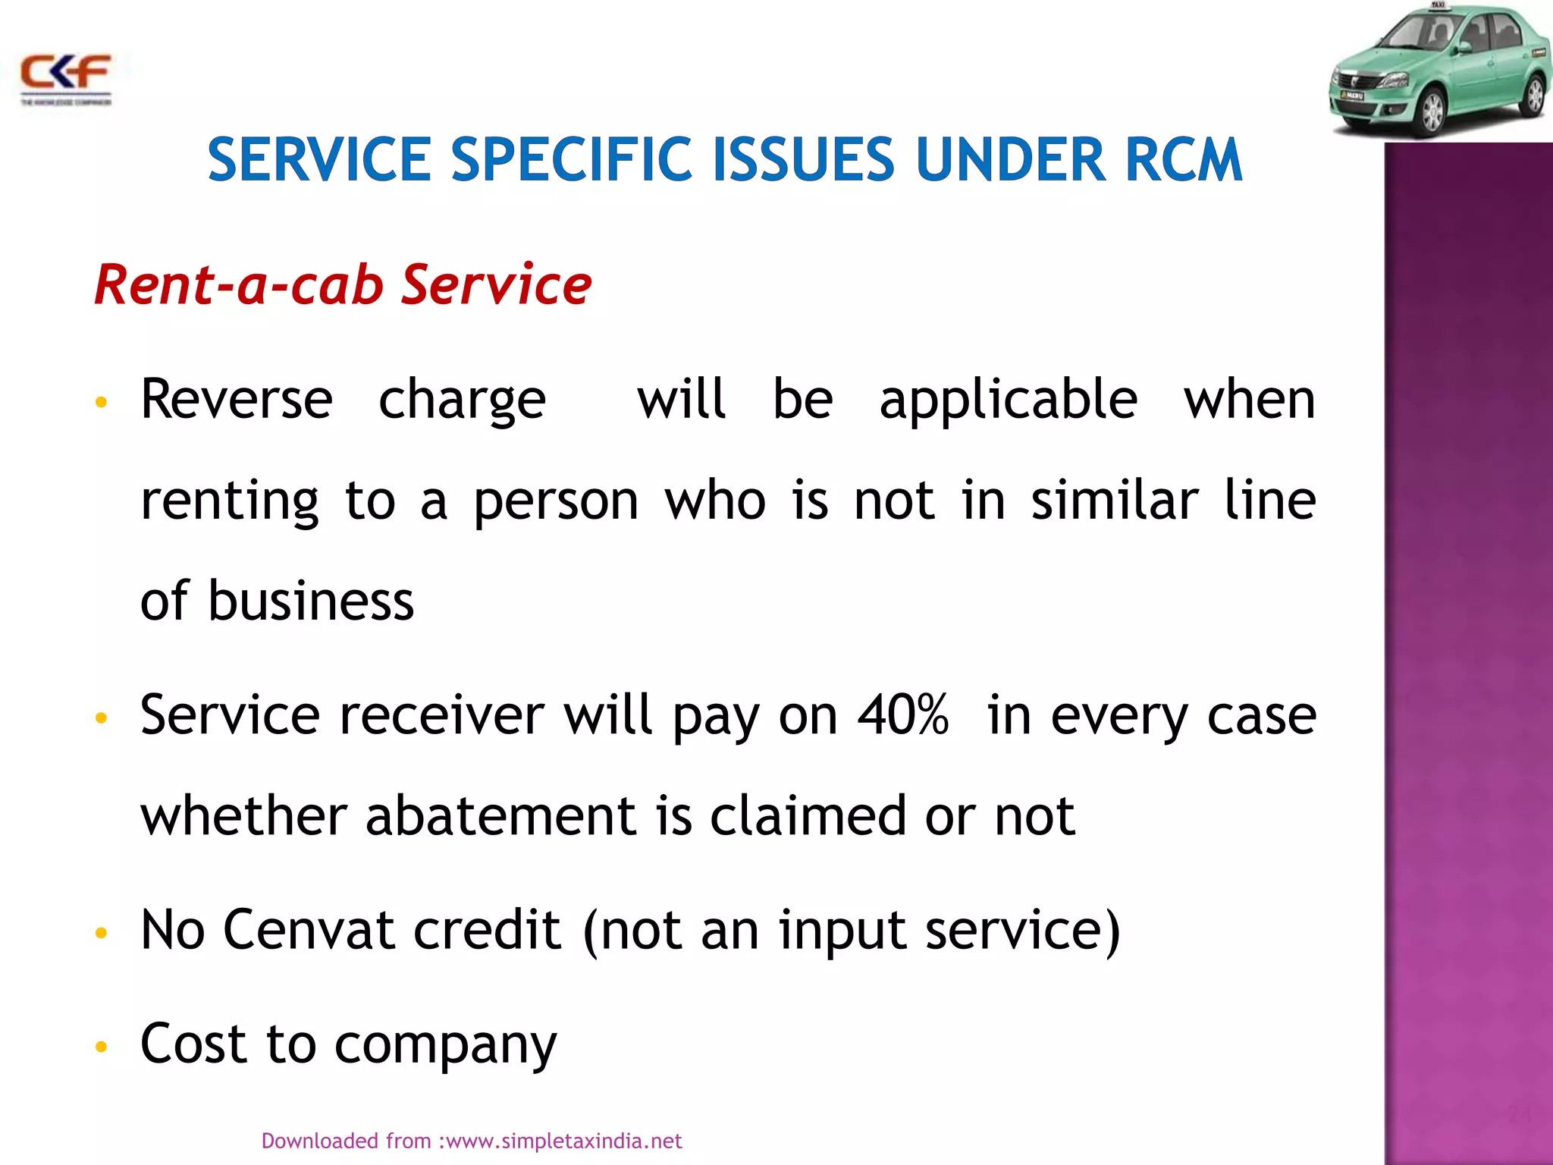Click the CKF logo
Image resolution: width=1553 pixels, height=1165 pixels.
coord(66,77)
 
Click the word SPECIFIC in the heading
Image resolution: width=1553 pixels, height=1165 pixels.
coord(572,160)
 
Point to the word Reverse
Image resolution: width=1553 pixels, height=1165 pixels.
coord(237,399)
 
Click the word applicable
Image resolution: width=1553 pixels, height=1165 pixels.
coord(1009,400)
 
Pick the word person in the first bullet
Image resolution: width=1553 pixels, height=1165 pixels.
coord(557,502)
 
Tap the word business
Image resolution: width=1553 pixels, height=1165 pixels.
coord(311,601)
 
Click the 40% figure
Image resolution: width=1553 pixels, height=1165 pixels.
coord(902,714)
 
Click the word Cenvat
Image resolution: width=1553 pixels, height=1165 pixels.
coord(308,930)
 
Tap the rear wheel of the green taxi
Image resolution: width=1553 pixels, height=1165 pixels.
coord(1534,96)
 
